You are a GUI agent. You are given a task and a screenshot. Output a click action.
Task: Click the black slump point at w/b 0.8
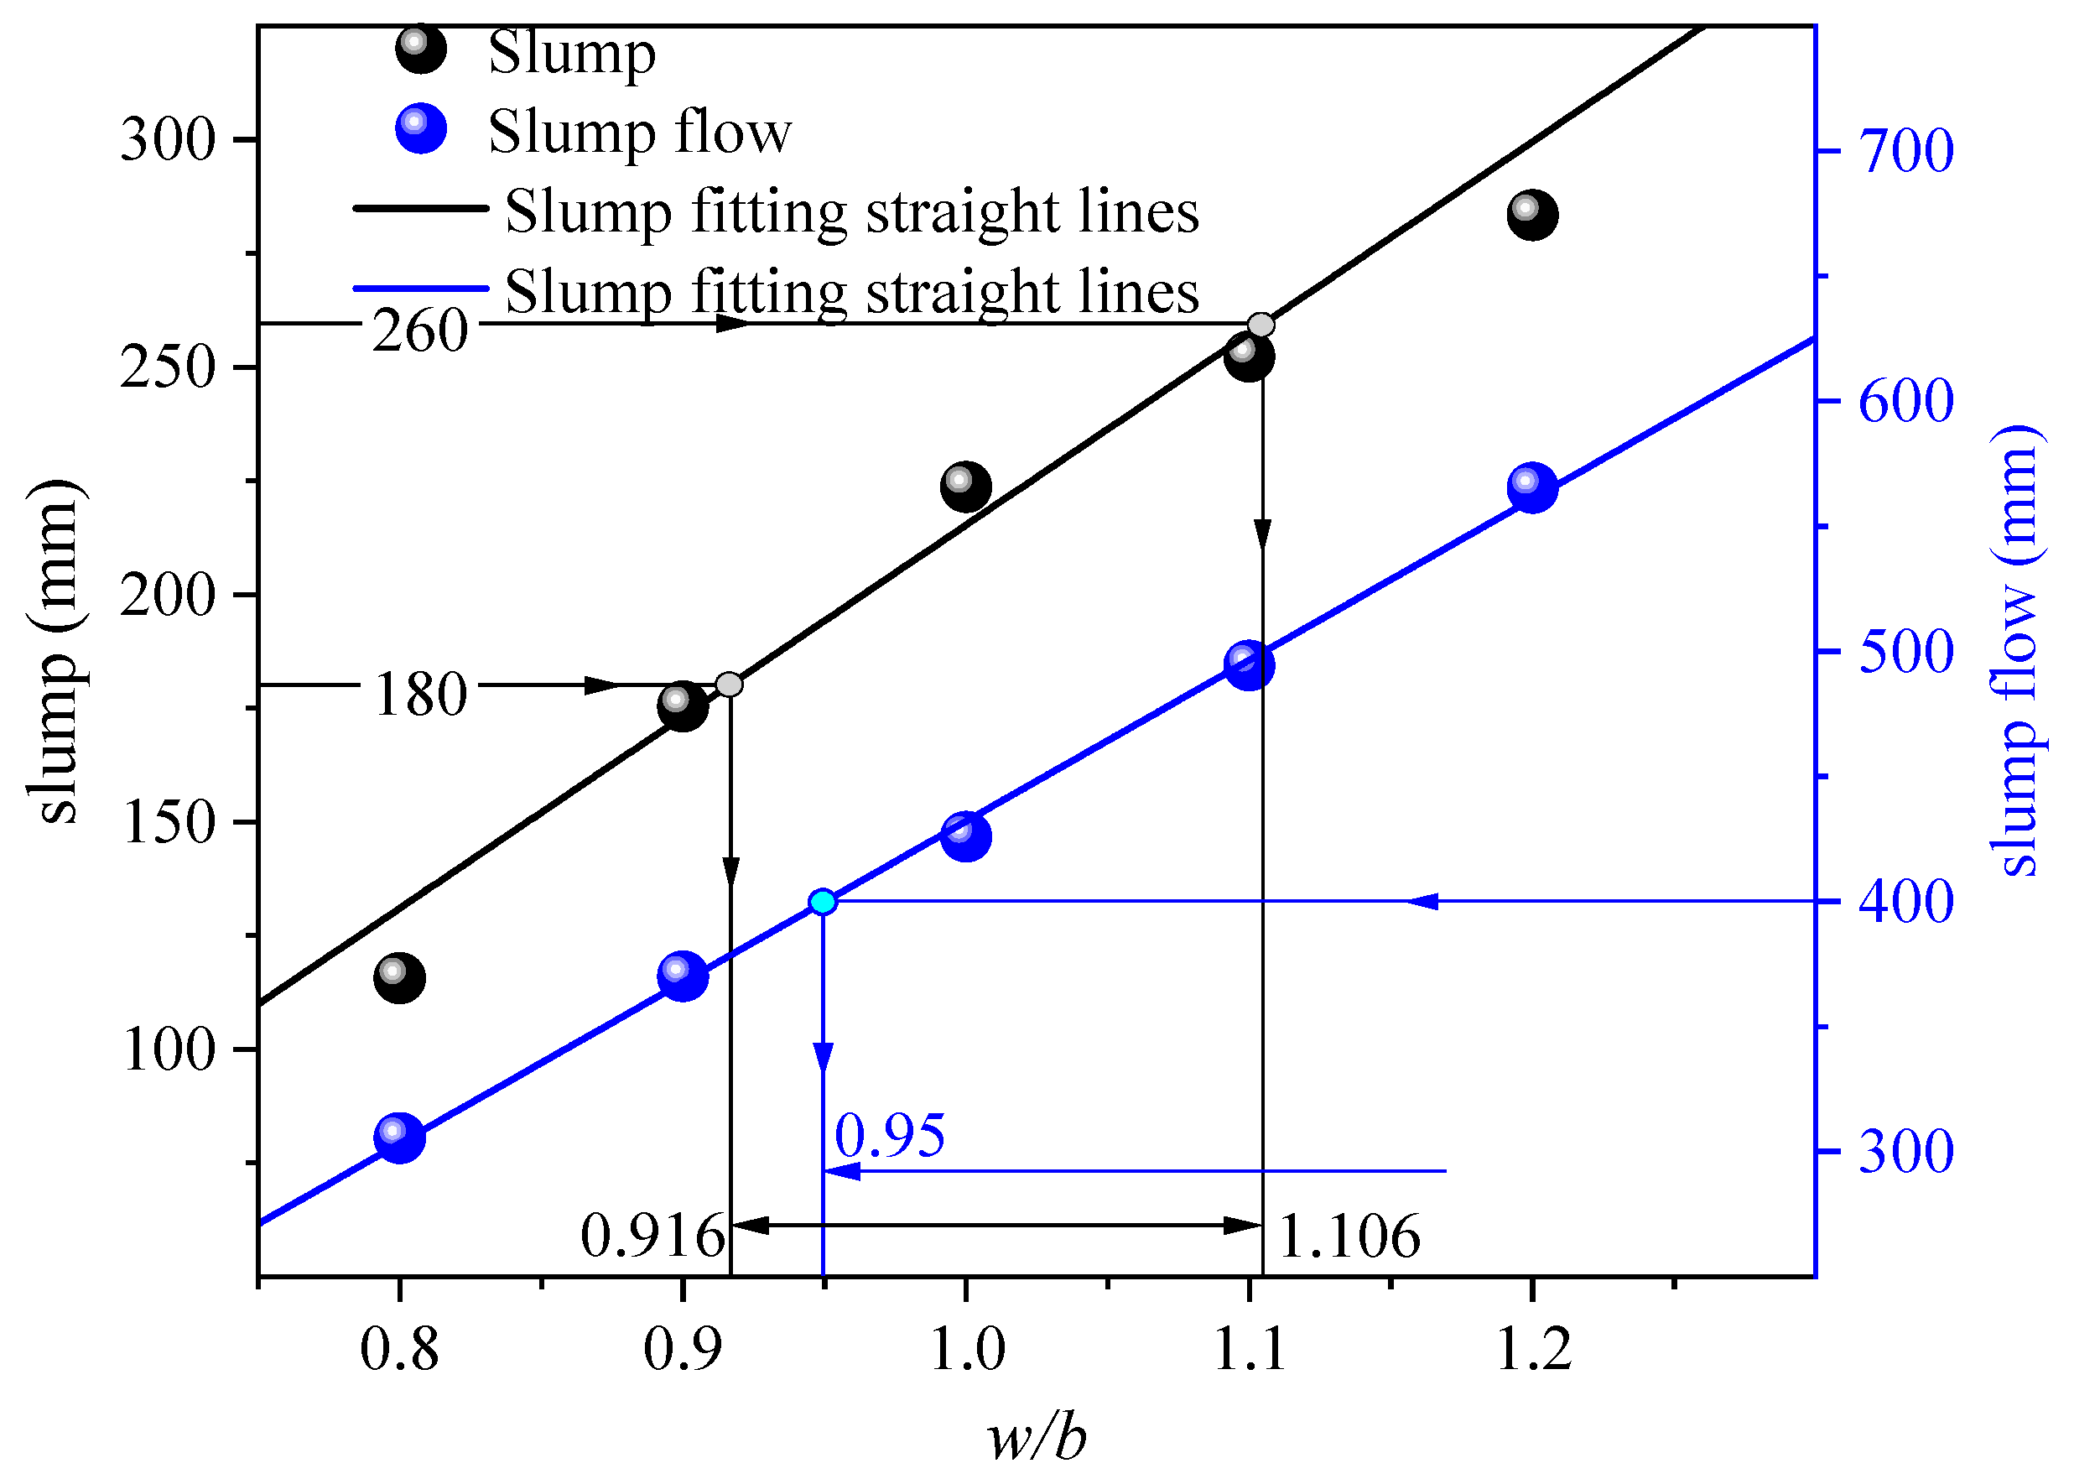click(x=399, y=979)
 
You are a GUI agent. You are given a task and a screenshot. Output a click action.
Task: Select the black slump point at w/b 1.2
click(x=1532, y=216)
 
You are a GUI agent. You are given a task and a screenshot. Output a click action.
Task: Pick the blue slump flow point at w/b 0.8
click(x=399, y=1138)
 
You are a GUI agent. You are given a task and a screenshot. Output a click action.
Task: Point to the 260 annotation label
click(x=419, y=330)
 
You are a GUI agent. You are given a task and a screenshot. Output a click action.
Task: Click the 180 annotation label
click(x=420, y=695)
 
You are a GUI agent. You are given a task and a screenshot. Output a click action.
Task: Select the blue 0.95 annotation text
click(x=889, y=1136)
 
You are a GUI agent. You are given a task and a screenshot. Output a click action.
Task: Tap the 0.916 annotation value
click(x=652, y=1237)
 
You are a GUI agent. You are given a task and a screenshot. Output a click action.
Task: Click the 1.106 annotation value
click(x=1349, y=1237)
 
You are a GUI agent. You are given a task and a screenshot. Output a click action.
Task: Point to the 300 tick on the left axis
click(x=167, y=141)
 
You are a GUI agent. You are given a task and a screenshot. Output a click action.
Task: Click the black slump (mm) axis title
click(x=57, y=651)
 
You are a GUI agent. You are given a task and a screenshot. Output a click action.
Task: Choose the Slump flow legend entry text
click(x=640, y=132)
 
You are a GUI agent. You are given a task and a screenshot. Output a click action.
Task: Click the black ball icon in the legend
click(x=420, y=49)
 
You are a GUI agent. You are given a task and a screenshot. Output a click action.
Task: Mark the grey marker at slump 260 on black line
click(x=1261, y=325)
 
